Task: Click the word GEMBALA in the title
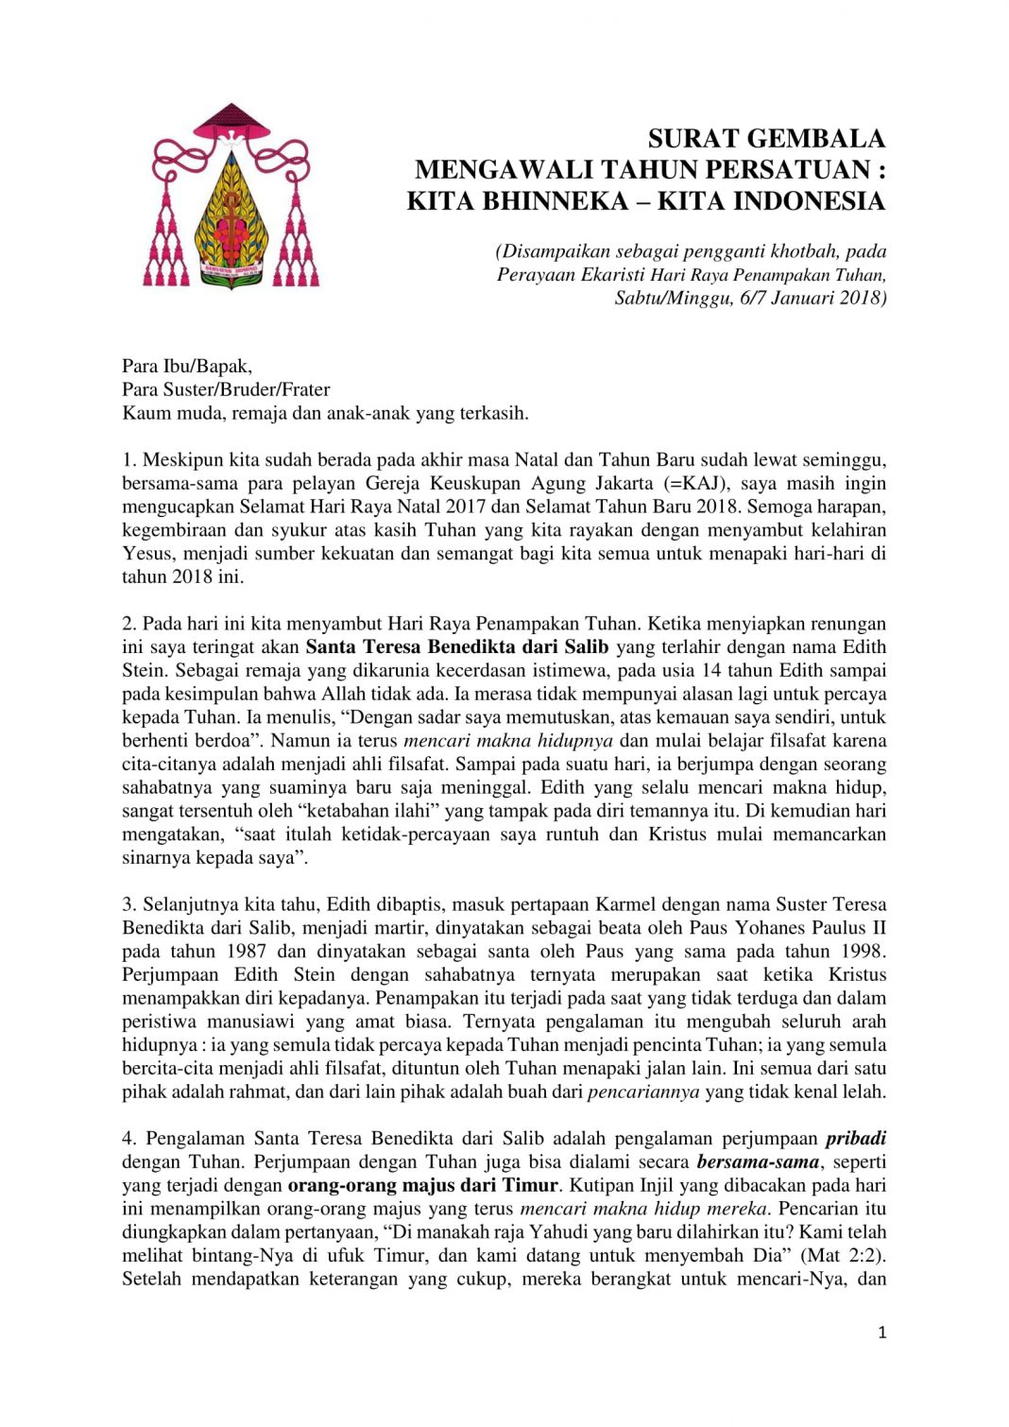(812, 139)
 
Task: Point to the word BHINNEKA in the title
(556, 201)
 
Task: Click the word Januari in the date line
(795, 298)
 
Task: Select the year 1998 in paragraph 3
(861, 952)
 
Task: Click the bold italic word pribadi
(855, 1139)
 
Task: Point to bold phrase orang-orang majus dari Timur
(423, 1186)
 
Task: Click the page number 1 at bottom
(882, 1333)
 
